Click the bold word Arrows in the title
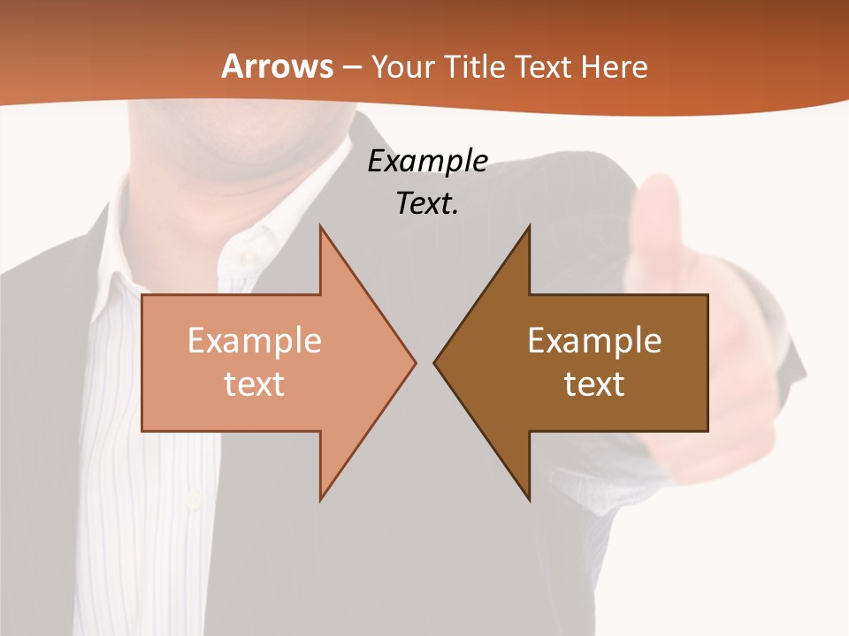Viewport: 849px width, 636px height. point(277,66)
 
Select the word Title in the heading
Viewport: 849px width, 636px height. point(475,66)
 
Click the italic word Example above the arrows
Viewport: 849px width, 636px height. point(427,161)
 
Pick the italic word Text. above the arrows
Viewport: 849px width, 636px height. point(427,203)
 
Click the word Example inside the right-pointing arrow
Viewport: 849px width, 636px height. point(255,340)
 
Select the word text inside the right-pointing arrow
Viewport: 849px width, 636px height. point(255,383)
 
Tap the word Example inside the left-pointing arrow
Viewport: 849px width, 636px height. point(594,340)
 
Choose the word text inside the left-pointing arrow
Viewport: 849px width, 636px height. point(594,383)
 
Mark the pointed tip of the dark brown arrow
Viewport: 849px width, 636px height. point(435,362)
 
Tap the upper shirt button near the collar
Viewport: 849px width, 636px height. point(249,256)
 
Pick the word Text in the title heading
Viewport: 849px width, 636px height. point(544,66)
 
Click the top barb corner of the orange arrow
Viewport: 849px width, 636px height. point(320,227)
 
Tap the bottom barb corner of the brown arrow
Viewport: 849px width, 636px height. point(529,500)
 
